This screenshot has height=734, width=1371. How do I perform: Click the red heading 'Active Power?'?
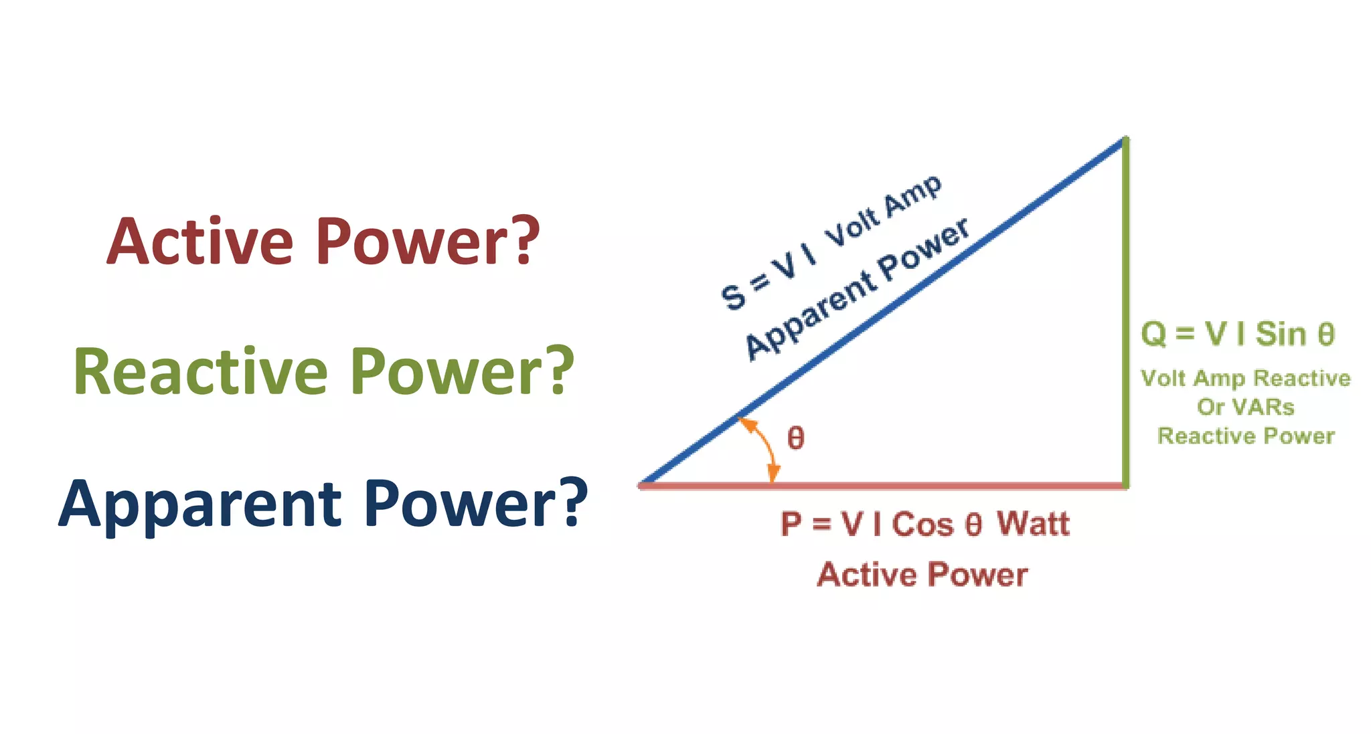[323, 242]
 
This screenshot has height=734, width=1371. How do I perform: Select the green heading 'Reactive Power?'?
[323, 372]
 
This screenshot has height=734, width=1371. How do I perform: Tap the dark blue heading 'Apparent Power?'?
[323, 503]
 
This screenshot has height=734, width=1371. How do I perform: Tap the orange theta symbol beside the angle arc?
[795, 438]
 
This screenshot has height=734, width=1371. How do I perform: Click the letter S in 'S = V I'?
[734, 297]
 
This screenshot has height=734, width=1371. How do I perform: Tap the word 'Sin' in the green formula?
[1281, 334]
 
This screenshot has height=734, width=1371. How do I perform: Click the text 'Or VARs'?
[1245, 407]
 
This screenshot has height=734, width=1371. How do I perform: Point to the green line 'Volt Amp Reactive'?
[1245, 379]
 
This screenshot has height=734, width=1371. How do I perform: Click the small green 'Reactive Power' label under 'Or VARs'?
[1246, 436]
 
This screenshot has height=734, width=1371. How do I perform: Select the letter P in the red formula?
[791, 524]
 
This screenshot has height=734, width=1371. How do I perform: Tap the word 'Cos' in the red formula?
[922, 524]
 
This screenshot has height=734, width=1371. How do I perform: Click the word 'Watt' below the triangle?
[1033, 524]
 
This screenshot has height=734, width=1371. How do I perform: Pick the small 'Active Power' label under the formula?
[922, 575]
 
